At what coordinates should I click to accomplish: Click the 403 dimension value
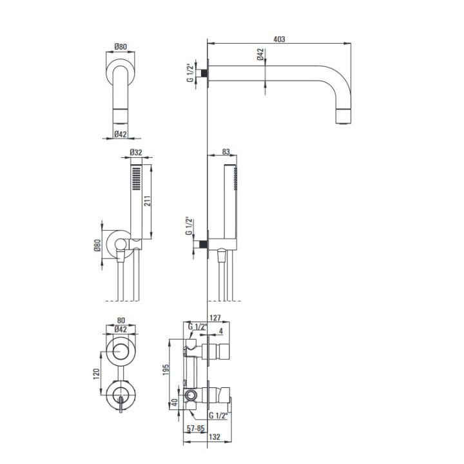pos(279,39)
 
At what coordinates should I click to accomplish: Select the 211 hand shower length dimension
pos(148,201)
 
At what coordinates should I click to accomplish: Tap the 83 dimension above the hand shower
pos(226,152)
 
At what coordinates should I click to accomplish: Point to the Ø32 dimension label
pos(136,152)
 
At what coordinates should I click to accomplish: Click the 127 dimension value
pos(215,318)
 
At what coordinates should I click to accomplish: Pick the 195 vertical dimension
pos(166,370)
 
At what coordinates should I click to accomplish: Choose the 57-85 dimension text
pos(195,428)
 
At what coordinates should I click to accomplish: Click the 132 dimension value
pos(215,437)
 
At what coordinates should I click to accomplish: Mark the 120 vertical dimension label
pos(97,374)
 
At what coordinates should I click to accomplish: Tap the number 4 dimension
pos(221,331)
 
